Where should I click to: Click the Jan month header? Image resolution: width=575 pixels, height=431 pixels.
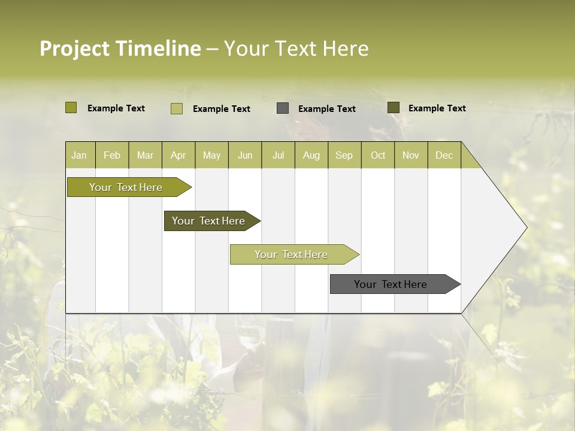tap(80, 155)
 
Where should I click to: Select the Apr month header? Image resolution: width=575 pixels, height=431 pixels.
tap(178, 155)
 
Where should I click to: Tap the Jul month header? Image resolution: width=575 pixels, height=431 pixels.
tap(278, 155)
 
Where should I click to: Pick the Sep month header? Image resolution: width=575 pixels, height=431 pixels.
tap(344, 155)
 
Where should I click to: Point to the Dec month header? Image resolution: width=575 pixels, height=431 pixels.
tap(444, 155)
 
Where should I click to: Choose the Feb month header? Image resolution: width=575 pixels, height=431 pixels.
tap(112, 155)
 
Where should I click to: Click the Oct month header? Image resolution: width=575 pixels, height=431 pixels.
tap(378, 155)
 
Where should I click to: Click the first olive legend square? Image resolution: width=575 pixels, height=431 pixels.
tap(71, 108)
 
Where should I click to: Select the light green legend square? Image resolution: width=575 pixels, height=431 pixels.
tap(176, 108)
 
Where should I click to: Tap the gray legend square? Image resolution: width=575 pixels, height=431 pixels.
tap(283, 108)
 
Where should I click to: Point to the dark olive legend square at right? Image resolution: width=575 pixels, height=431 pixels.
tap(393, 108)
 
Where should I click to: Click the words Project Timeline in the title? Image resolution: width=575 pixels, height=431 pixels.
tap(120, 48)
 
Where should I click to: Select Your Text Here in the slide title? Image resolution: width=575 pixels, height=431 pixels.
tap(296, 48)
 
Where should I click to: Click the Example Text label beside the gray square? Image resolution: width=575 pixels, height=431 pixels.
tap(326, 109)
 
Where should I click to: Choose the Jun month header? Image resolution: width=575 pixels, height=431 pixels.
tap(245, 155)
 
